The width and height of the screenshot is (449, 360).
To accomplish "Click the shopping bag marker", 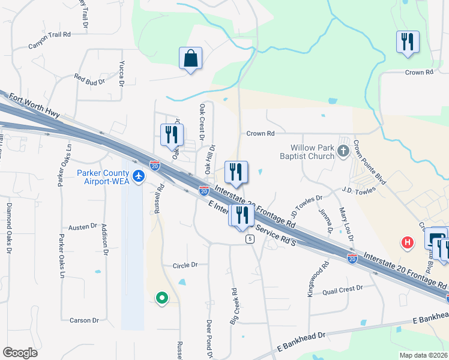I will coord(190,59).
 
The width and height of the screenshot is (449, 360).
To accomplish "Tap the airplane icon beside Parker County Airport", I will coord(139,176).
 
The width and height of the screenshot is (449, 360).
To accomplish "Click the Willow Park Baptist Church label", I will coord(312,152).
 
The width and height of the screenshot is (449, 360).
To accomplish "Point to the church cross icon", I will coord(343,151).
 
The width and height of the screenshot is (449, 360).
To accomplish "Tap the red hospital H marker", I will coord(408,242).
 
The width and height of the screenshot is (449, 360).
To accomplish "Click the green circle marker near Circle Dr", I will coord(161,296).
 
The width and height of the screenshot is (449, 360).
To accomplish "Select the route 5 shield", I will coord(249,239).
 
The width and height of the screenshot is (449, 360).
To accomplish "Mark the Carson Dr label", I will coord(84,320).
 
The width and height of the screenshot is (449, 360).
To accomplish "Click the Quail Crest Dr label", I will coord(343,289).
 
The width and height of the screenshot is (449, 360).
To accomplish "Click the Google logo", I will coord(20,353).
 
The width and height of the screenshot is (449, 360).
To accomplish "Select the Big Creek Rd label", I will coord(235,306).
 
